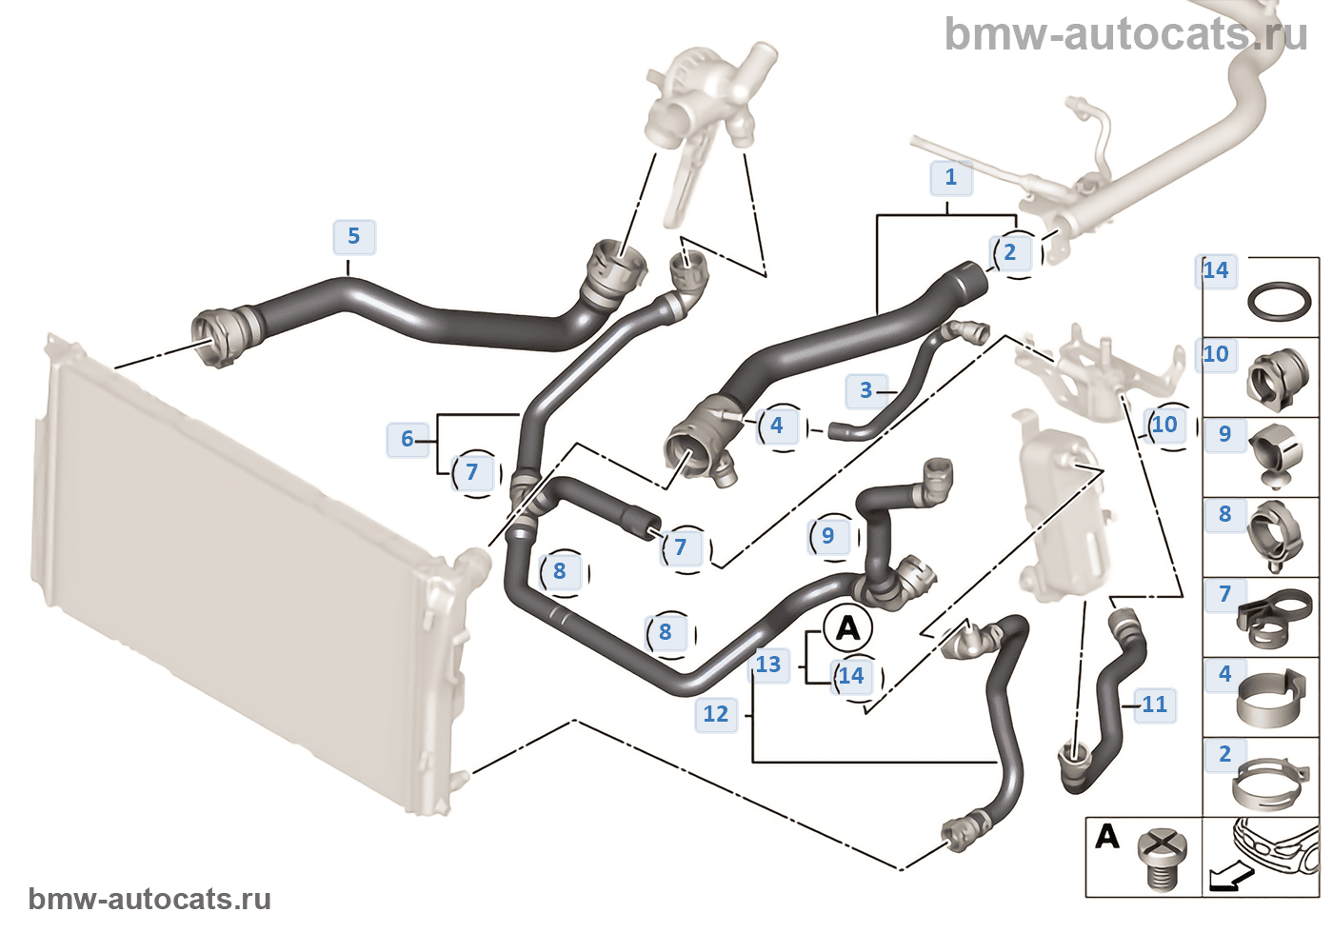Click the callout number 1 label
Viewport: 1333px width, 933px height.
tap(950, 177)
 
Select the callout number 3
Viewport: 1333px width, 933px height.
tap(865, 390)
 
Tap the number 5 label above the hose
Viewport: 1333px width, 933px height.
tap(354, 236)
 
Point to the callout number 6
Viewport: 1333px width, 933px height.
tap(408, 439)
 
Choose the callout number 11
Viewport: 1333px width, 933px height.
tap(1154, 705)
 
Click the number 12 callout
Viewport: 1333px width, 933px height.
tap(716, 714)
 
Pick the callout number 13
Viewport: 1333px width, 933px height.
tap(768, 665)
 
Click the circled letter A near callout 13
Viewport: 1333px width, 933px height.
tap(847, 628)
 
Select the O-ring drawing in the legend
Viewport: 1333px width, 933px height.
tap(1280, 301)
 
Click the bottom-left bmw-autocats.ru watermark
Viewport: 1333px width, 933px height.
tap(149, 900)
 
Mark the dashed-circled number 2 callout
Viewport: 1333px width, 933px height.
tap(1010, 253)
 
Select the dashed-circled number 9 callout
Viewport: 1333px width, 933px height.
tap(827, 536)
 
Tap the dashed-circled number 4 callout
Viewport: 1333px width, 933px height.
tap(777, 426)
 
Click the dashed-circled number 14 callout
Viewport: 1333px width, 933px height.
tap(850, 676)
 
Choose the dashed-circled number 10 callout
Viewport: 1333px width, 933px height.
tap(1164, 425)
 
